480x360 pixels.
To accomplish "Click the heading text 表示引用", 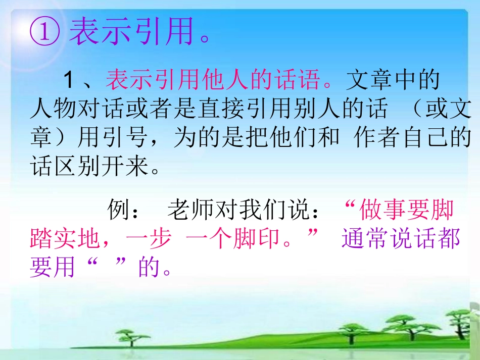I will coord(131,33).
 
